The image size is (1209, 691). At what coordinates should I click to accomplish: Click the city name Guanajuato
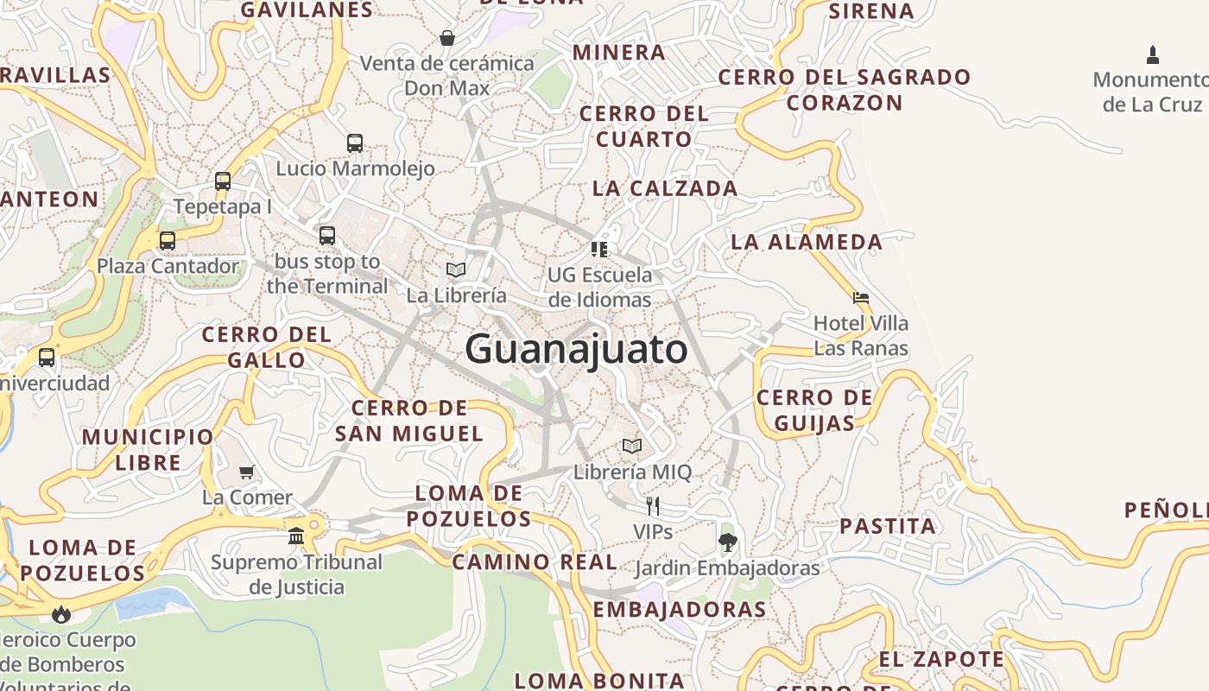point(576,350)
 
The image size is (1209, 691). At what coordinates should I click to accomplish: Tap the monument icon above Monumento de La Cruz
point(1152,55)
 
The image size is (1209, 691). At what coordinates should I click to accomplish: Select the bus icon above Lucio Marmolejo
point(354,143)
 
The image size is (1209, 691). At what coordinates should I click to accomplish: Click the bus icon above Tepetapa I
point(223,181)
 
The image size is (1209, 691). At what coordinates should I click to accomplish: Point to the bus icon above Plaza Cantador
point(168,241)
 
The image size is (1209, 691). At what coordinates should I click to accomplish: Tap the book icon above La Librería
point(456,270)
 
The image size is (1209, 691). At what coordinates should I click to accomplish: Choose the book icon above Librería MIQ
point(632,447)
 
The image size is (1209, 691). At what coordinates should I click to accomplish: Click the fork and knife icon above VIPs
point(653,506)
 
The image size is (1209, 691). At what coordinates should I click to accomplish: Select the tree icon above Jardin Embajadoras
point(727,542)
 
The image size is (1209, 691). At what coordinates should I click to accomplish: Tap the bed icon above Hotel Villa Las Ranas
point(860,298)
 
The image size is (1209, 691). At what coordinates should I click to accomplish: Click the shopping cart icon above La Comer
point(247,472)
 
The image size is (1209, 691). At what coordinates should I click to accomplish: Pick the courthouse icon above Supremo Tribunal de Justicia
point(296,536)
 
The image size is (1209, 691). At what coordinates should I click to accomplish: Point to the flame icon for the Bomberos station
point(60,614)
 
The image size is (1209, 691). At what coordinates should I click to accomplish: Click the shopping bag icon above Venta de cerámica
point(447,38)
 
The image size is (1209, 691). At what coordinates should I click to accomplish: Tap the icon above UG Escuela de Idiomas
point(599,250)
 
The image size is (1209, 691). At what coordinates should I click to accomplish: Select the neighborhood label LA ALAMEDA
point(807,242)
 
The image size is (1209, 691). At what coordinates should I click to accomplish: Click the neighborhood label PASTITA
point(887,526)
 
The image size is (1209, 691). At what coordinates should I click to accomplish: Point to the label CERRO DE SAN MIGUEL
point(409,421)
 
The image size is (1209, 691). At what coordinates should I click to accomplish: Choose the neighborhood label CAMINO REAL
point(535,562)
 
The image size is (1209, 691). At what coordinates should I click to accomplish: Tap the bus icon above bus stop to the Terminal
point(326,235)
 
